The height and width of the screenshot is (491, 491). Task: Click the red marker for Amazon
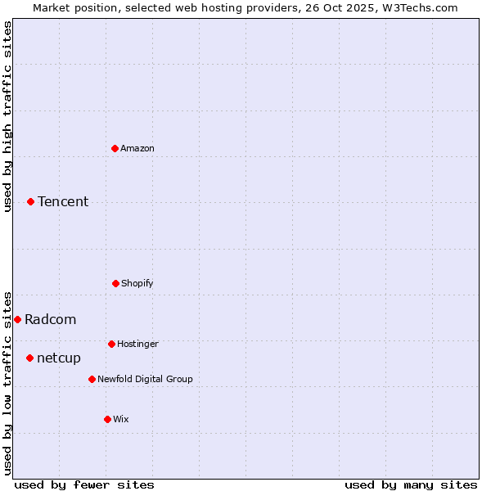click(115, 148)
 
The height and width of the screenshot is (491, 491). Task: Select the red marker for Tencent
click(31, 201)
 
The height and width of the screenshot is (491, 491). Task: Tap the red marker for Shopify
click(115, 283)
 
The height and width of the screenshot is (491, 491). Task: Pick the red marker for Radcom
click(17, 319)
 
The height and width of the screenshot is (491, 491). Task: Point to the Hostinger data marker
click(111, 344)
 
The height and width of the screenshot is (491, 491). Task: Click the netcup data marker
click(30, 358)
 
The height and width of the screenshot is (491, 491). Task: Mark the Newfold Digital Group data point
click(92, 379)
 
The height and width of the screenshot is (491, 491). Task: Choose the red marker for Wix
click(107, 419)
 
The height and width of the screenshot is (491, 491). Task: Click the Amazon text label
click(137, 149)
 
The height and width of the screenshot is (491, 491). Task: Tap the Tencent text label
click(63, 202)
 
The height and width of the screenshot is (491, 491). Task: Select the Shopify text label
click(137, 284)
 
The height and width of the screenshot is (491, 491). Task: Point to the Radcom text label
click(51, 320)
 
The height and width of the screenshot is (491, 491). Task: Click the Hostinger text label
click(137, 345)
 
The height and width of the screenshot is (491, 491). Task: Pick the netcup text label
click(59, 358)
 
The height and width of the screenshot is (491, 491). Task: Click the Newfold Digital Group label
click(145, 380)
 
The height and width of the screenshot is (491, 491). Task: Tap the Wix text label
click(121, 420)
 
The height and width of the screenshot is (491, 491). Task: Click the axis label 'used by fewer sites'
click(84, 484)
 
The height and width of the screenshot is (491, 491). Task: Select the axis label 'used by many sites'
click(411, 484)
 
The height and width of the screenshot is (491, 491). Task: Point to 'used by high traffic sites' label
click(8, 116)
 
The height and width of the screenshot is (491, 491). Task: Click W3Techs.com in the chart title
click(418, 7)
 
